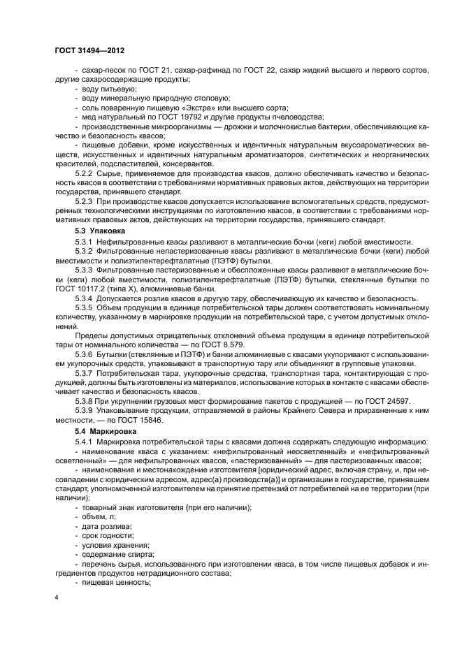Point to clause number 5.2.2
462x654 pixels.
click(84, 171)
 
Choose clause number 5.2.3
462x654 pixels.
click(84, 201)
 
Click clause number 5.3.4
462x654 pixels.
click(84, 298)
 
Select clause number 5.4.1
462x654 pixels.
click(84, 444)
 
